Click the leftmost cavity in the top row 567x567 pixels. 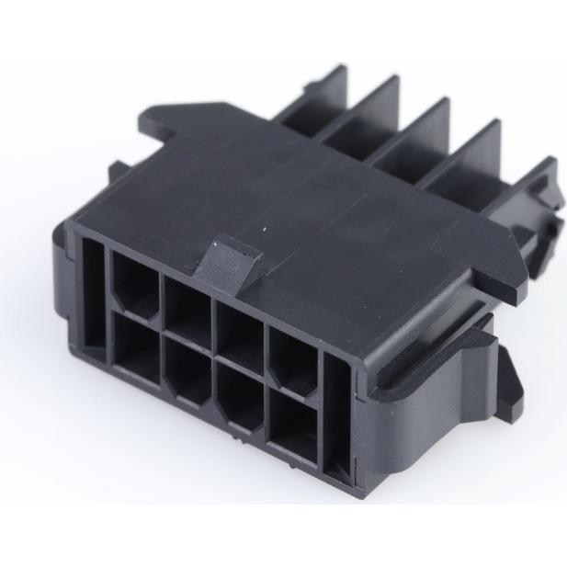(x=135, y=280)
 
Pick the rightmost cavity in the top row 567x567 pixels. (x=292, y=353)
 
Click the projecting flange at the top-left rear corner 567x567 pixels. (x=162, y=119)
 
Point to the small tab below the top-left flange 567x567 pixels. (x=117, y=174)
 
